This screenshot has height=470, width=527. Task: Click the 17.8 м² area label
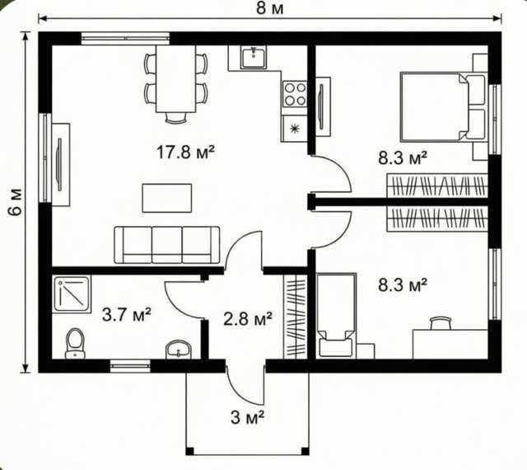tap(185, 153)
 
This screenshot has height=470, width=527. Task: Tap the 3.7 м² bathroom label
tap(126, 315)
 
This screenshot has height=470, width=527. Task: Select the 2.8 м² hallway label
tap(248, 319)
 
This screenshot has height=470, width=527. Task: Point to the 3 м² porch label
tap(247, 417)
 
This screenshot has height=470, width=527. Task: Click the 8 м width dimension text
tap(270, 8)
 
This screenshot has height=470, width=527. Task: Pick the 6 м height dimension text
tap(16, 202)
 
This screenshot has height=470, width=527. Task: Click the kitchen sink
tap(254, 57)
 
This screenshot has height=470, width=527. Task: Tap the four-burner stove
tap(295, 94)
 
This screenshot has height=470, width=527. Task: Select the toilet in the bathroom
tap(75, 343)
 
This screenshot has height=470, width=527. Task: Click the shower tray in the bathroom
tap(72, 294)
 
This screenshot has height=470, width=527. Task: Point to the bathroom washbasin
tap(178, 349)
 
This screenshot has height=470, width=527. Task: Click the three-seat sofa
tap(167, 245)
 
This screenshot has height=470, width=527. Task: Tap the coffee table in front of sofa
tap(167, 198)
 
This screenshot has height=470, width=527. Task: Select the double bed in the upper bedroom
tap(443, 106)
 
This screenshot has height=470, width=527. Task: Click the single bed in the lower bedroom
tap(336, 315)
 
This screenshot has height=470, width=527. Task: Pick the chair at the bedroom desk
tap(441, 322)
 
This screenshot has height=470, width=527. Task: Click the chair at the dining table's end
tap(175, 118)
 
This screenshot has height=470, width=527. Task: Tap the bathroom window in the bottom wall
tap(130, 366)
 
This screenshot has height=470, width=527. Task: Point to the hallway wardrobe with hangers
tap(295, 317)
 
